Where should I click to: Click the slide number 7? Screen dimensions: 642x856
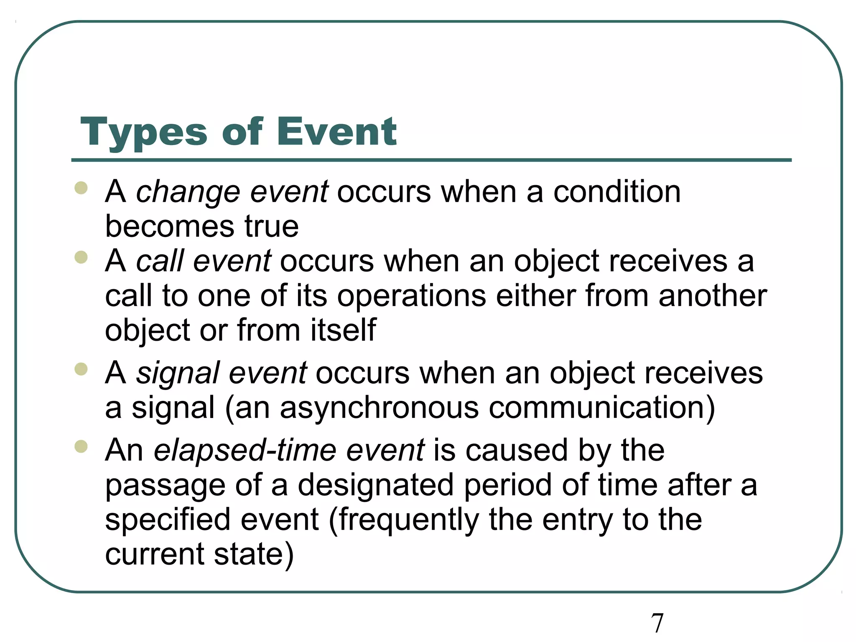point(657,623)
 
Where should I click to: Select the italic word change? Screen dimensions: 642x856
point(188,193)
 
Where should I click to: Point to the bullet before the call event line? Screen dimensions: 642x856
point(81,257)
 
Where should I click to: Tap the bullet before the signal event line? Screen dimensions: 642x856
point(81,369)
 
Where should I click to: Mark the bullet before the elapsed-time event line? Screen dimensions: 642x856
point(81,446)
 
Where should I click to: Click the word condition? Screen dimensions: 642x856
point(617,192)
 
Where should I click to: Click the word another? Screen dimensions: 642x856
point(713,296)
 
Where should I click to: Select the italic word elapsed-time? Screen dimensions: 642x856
point(245,451)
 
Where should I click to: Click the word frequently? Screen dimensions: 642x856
point(409,520)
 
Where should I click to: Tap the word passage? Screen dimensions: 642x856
point(165,486)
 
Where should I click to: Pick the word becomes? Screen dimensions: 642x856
point(170,227)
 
